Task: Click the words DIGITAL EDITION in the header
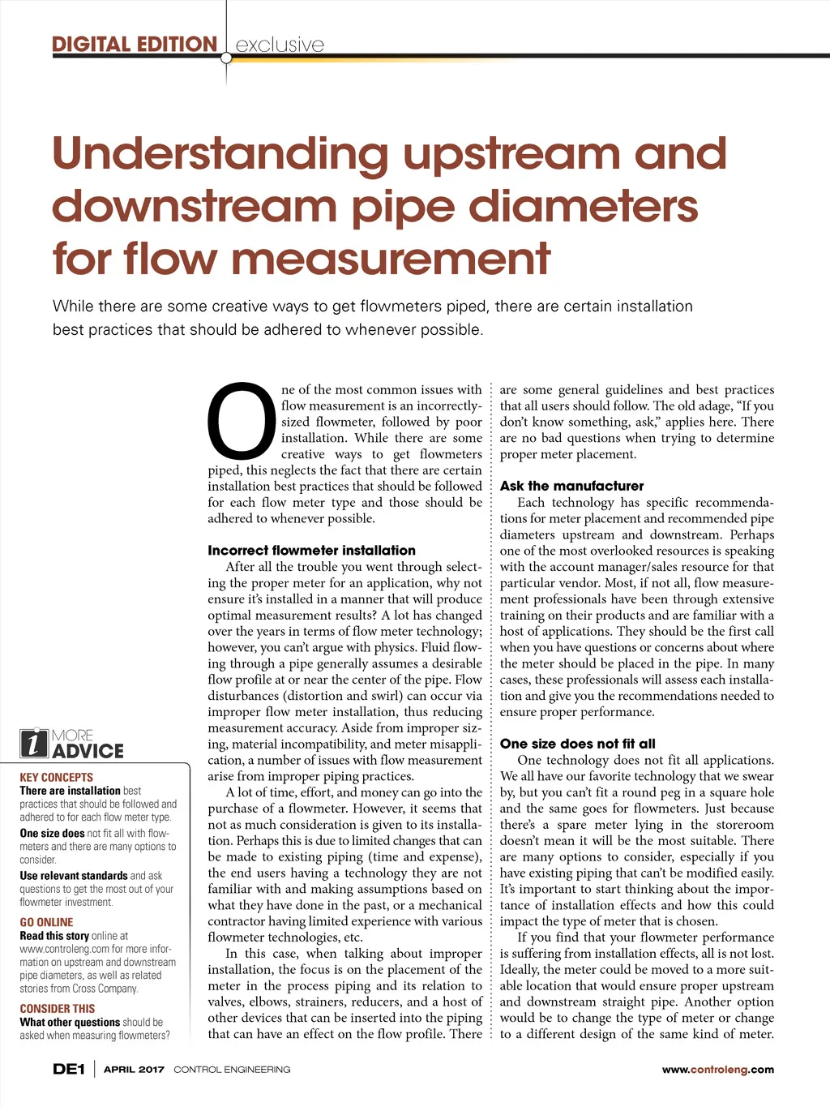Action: coord(135,44)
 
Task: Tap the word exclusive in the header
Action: coord(280,45)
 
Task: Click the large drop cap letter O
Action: coord(242,423)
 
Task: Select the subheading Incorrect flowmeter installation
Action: coord(311,550)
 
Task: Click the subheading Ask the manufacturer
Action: coord(571,486)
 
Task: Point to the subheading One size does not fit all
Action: coord(577,744)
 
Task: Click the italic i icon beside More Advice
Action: coord(34,743)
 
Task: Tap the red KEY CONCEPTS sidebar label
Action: coord(56,777)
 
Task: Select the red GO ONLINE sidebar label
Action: coord(46,922)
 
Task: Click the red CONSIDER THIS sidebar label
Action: coord(57,1009)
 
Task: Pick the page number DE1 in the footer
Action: coord(69,1069)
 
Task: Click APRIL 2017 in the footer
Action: coord(134,1070)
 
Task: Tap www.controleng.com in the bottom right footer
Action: coord(717,1070)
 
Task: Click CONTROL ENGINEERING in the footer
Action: coord(232,1070)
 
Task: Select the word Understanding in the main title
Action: coord(220,154)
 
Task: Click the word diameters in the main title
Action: coord(583,206)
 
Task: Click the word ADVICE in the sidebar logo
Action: coord(88,751)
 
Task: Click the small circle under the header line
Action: coord(226,58)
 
